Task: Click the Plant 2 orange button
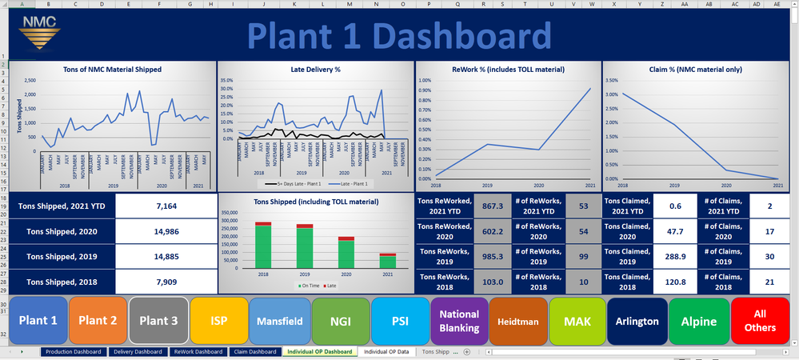pyautogui.click(x=98, y=320)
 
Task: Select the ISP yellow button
pyautogui.click(x=218, y=320)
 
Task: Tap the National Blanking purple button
pyautogui.click(x=458, y=320)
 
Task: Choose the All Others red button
pyautogui.click(x=760, y=320)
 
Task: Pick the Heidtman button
pyautogui.click(x=517, y=320)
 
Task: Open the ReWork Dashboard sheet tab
pyautogui.click(x=198, y=351)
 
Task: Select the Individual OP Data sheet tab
pyautogui.click(x=386, y=351)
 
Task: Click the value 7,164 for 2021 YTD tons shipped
pyautogui.click(x=166, y=206)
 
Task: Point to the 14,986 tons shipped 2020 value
pyautogui.click(x=166, y=231)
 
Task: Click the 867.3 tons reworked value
pyautogui.click(x=493, y=206)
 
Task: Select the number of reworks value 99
pyautogui.click(x=582, y=257)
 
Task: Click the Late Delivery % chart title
pyautogui.click(x=315, y=70)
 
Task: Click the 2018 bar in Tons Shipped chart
pyautogui.click(x=263, y=248)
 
